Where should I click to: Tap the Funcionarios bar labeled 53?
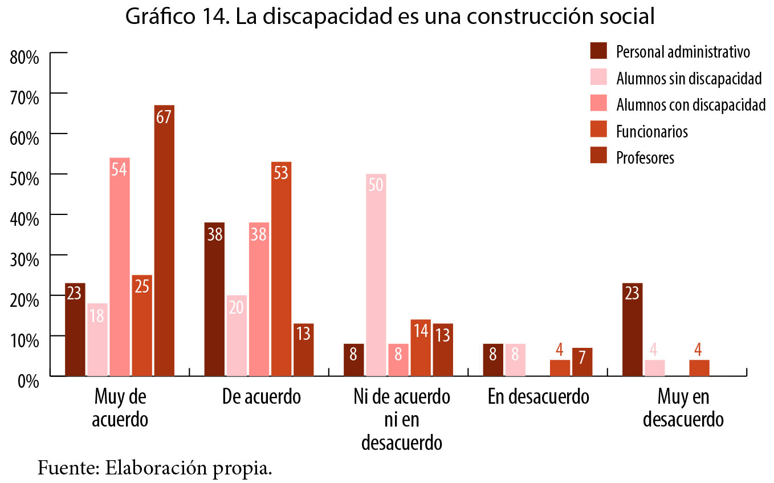pyautogui.click(x=281, y=269)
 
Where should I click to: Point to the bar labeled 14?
pyautogui.click(x=421, y=348)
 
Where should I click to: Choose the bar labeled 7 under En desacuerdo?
pyautogui.click(x=582, y=362)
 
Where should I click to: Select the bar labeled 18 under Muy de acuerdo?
pyautogui.click(x=97, y=339)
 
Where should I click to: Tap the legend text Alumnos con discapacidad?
pyautogui.click(x=690, y=105)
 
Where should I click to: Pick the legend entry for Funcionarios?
pyautogui.click(x=652, y=132)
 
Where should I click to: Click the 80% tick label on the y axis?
pyautogui.click(x=24, y=57)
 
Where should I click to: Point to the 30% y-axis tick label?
pyautogui.click(x=24, y=259)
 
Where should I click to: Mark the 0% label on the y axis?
pyautogui.click(x=27, y=380)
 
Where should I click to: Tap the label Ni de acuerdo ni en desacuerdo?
pyautogui.click(x=401, y=420)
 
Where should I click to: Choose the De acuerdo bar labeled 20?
pyautogui.click(x=237, y=335)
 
